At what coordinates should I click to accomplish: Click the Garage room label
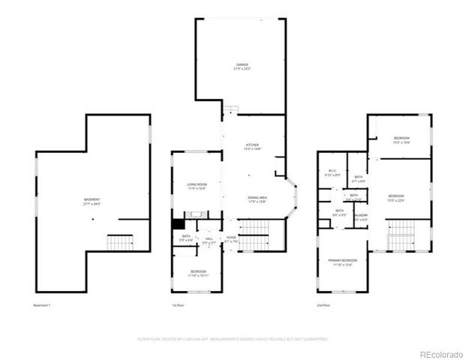click(240, 67)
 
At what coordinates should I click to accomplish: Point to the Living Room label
click(197, 186)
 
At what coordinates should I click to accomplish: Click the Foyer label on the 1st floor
click(231, 239)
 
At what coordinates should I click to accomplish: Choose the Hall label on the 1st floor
click(209, 240)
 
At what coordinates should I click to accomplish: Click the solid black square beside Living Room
click(178, 223)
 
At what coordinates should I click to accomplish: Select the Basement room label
click(92, 201)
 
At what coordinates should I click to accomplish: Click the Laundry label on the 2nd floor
click(360, 217)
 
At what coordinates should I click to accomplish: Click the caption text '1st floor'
click(178, 306)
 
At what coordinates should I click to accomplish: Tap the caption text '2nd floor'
click(323, 306)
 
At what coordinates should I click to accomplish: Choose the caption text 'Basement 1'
click(42, 306)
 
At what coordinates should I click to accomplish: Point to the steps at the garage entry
click(230, 110)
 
